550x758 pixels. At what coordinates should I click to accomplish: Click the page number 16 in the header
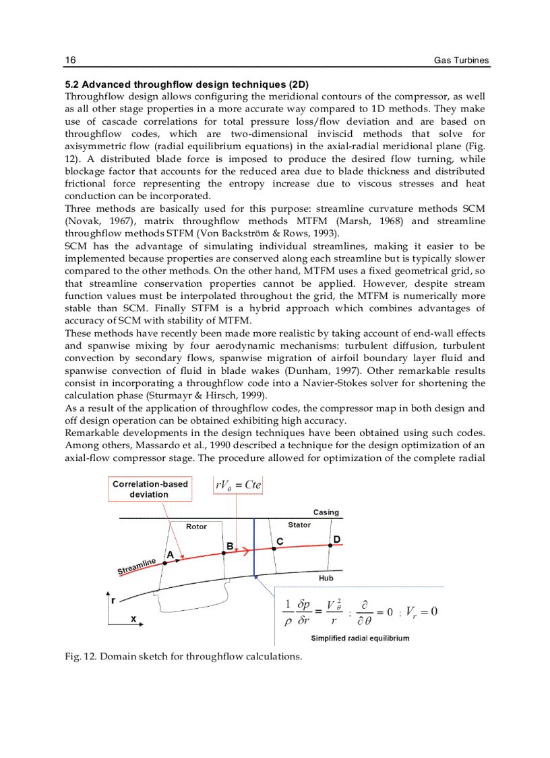70,60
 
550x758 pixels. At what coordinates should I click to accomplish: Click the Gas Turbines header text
461,61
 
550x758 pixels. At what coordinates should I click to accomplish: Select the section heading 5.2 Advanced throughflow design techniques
187,85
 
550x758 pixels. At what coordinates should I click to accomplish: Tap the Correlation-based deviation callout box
150,489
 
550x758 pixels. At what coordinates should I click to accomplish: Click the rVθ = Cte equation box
239,485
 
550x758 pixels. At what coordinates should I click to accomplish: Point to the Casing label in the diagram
326,512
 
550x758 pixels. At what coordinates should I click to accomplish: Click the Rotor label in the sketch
196,526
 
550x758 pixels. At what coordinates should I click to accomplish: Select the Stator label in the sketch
299,524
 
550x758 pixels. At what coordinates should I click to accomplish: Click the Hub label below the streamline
326,578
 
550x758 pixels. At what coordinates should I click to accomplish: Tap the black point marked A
165,562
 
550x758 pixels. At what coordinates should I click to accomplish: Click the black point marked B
224,552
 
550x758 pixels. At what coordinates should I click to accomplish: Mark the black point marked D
330,545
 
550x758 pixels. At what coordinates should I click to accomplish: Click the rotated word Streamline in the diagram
137,567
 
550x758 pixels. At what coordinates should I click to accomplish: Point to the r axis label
113,599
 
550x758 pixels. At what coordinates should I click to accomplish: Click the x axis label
133,618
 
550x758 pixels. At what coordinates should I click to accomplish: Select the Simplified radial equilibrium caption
360,638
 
